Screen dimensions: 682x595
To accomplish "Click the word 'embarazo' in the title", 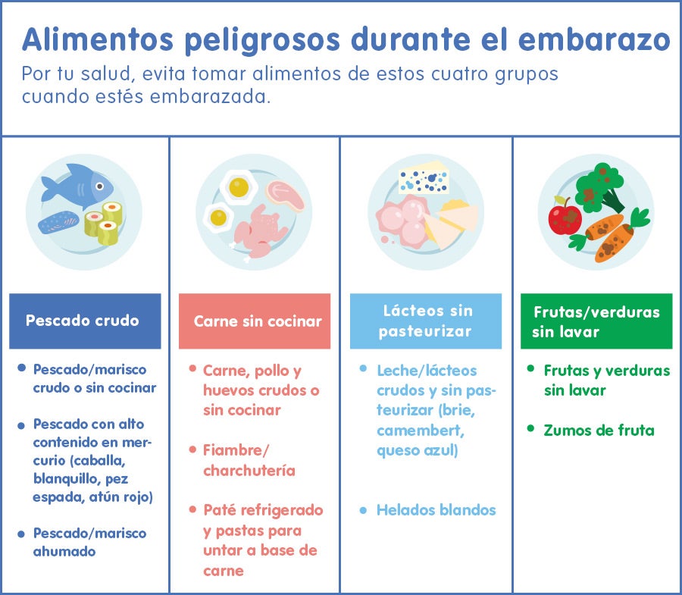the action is tap(594, 39).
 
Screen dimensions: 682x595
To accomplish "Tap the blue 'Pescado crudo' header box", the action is tap(85, 321).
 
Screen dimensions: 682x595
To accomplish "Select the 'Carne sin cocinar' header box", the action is tap(255, 321).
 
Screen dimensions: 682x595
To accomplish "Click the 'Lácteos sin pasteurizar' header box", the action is tap(426, 321).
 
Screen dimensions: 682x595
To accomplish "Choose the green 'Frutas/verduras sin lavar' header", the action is tap(596, 321).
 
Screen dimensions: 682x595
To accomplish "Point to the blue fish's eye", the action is tap(99, 186).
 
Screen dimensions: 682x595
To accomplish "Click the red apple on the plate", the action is tap(565, 216).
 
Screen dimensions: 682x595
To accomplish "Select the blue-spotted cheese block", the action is tap(424, 178).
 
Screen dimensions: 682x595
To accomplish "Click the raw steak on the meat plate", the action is tap(286, 196).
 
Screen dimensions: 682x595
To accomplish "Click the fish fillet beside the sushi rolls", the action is tap(58, 221).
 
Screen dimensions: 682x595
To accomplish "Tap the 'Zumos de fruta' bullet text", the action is tap(599, 431).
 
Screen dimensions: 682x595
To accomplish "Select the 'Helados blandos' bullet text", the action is tap(436, 510).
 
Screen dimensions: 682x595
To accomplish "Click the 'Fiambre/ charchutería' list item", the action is tap(249, 460).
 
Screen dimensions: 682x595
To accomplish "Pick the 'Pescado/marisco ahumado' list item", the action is tap(89, 542).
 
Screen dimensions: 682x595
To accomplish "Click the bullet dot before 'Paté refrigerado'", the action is tap(192, 509).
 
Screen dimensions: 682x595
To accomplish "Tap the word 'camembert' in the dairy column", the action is tap(420, 431).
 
